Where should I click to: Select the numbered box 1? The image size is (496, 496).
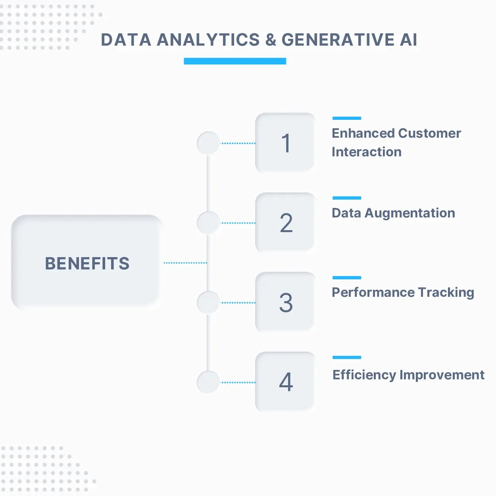tap(285, 142)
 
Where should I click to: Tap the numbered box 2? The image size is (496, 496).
tap(285, 222)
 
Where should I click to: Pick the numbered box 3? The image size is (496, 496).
tap(285, 302)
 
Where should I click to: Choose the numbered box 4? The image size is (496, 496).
tap(285, 381)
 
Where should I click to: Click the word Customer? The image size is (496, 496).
tap(430, 133)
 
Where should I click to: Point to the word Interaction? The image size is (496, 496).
tap(367, 152)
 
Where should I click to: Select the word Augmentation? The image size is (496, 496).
tap(410, 213)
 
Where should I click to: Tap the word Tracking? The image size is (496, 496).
tap(446, 293)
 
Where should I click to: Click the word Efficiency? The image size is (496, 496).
tap(364, 375)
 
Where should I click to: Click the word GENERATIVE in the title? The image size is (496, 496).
tap(338, 40)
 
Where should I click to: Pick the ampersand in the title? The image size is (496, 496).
tap(271, 40)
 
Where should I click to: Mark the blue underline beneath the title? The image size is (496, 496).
tap(235, 61)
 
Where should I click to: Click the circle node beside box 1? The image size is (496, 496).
tap(208, 143)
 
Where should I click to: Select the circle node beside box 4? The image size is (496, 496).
tap(208, 382)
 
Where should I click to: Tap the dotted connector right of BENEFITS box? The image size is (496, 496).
tap(185, 263)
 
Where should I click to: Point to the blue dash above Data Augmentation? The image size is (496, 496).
tap(347, 198)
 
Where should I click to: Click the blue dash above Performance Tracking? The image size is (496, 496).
tap(347, 277)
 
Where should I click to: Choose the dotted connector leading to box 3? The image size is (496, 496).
tap(238, 303)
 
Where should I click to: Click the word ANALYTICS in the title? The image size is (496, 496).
tap(208, 40)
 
